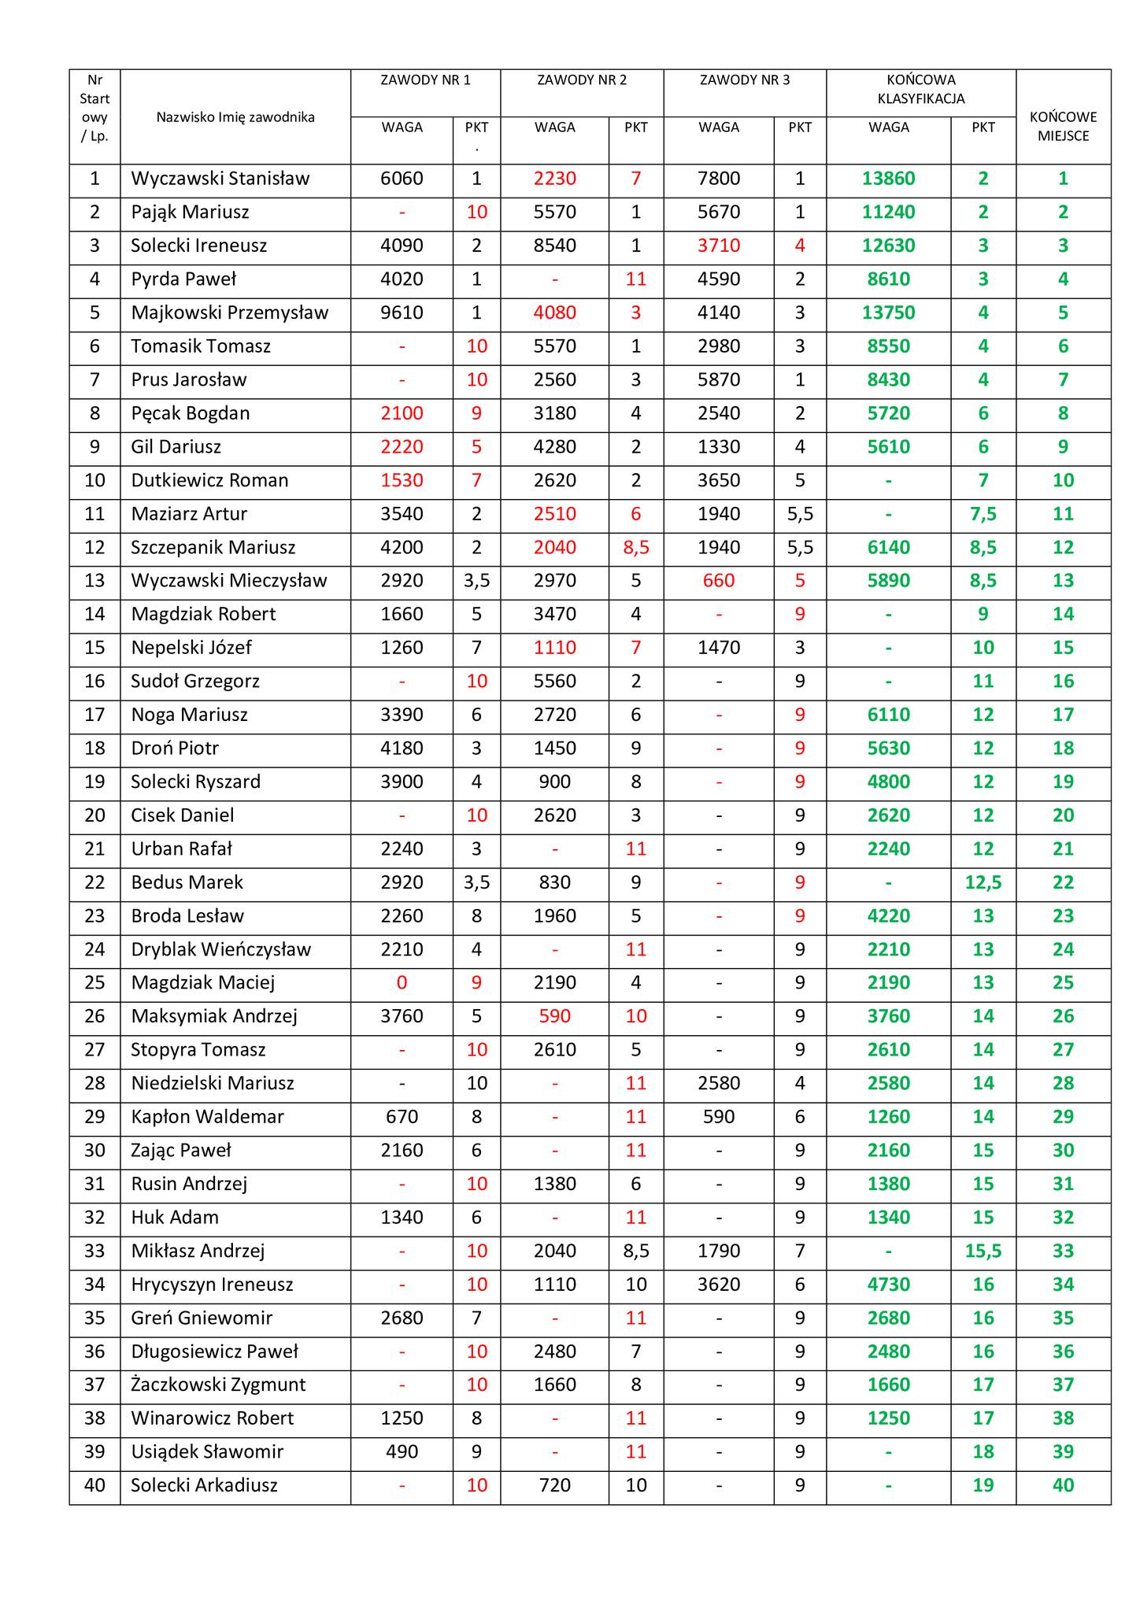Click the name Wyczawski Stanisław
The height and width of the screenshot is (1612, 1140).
coord(220,179)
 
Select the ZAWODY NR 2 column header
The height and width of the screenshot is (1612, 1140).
coord(582,80)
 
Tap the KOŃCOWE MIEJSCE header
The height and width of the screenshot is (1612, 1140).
coord(1063,126)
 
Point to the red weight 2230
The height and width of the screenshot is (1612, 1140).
coord(554,179)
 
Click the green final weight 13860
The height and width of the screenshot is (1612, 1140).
coord(888,179)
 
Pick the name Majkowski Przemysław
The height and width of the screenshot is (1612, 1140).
coord(229,312)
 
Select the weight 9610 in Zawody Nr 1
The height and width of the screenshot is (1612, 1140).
coord(402,312)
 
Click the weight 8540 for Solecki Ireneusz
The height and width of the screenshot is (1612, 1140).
coord(554,246)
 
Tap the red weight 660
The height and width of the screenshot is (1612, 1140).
coord(718,581)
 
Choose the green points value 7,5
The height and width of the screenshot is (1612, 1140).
coord(983,514)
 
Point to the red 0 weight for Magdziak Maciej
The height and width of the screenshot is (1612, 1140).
coord(402,982)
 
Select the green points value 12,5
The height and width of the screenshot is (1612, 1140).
coord(983,882)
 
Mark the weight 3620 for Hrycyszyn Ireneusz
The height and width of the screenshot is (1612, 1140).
coord(718,1285)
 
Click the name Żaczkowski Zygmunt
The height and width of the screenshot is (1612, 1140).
coord(218,1385)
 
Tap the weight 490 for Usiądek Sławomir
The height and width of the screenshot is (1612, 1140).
coord(402,1451)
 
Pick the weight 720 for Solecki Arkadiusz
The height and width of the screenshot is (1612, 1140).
coord(554,1485)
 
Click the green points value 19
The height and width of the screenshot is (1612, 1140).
coord(983,1485)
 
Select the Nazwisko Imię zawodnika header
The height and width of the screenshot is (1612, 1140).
coord(235,117)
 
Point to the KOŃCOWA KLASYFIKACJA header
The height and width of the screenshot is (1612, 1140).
coord(920,89)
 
